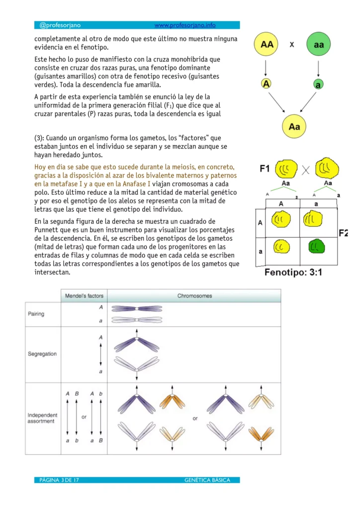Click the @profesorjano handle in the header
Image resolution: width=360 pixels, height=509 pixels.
point(60,25)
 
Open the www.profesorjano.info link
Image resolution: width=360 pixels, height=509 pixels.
point(185,25)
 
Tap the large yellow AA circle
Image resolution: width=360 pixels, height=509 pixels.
point(267,45)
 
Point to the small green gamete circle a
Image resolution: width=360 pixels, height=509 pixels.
point(318,85)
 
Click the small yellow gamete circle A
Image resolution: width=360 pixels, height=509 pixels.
point(267,84)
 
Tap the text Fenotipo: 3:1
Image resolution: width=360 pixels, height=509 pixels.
point(294,272)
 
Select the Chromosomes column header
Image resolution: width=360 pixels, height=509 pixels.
point(194,296)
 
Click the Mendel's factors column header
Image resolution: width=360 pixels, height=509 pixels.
point(84,296)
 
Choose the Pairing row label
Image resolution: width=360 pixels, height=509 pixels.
point(36,314)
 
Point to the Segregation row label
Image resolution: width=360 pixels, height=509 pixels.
point(42,354)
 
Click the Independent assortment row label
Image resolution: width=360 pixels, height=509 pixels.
point(42,418)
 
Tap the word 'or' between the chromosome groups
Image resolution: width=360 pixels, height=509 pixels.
point(195,418)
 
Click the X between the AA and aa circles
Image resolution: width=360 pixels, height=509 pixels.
point(292,44)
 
